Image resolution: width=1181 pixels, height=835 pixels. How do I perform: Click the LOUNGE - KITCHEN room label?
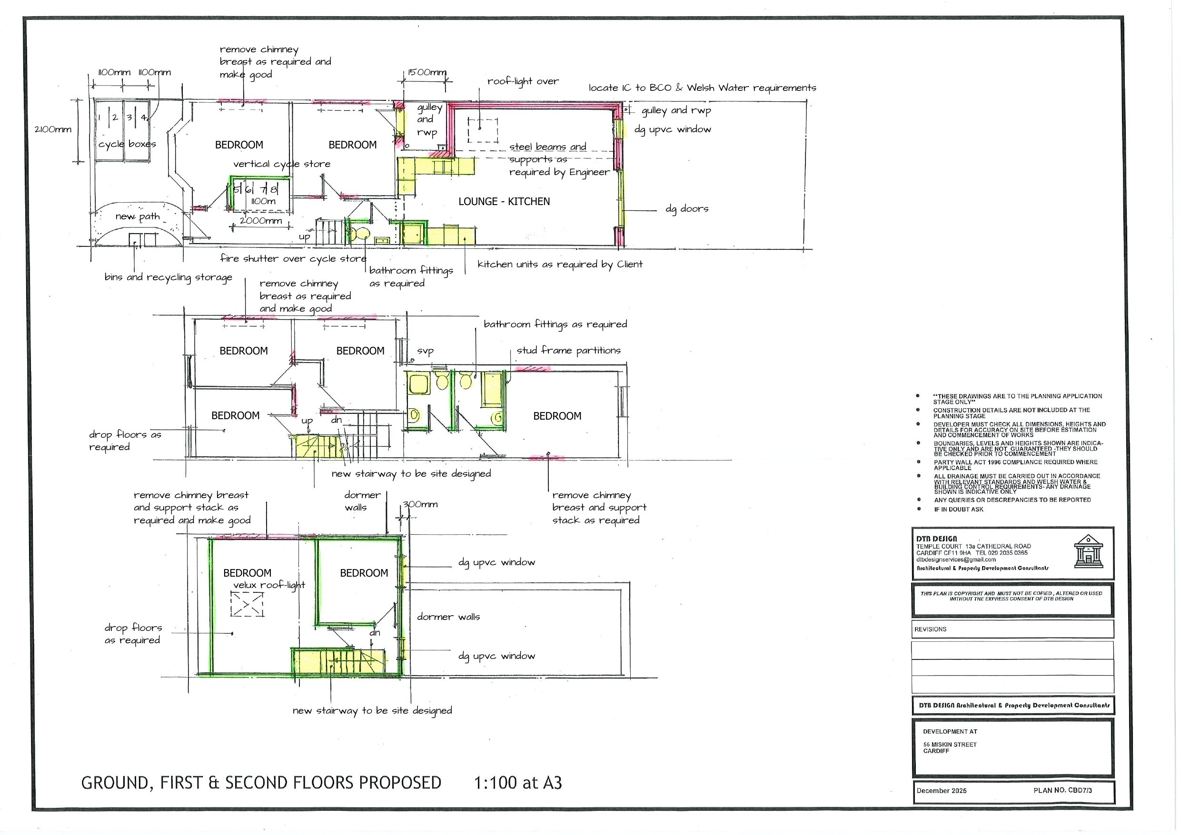pyautogui.click(x=504, y=202)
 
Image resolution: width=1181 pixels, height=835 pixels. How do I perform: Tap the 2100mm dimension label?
pyautogui.click(x=52, y=129)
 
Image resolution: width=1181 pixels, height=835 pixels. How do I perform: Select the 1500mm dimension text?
pyautogui.click(x=427, y=72)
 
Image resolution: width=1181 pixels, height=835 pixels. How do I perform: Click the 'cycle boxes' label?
pyautogui.click(x=127, y=144)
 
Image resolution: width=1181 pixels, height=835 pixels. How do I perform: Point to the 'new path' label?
pyautogui.click(x=138, y=216)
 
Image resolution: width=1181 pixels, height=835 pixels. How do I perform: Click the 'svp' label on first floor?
pyautogui.click(x=425, y=351)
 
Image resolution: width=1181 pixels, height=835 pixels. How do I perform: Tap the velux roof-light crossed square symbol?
pyautogui.click(x=247, y=604)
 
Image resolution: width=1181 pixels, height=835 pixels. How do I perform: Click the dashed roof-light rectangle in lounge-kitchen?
pyautogui.click(x=483, y=130)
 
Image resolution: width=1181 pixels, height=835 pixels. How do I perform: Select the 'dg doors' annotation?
pyautogui.click(x=687, y=209)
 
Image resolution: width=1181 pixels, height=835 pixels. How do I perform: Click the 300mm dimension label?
pyautogui.click(x=420, y=504)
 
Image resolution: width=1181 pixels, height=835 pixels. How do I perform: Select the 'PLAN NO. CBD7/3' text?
pyautogui.click(x=1062, y=790)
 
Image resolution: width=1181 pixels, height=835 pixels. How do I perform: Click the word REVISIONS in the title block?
pyautogui.click(x=930, y=629)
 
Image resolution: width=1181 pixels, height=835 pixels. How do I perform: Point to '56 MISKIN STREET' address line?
pyautogui.click(x=950, y=745)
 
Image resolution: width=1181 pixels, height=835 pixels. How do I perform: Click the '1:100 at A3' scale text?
pyautogui.click(x=517, y=783)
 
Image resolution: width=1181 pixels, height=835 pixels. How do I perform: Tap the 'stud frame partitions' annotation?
pyautogui.click(x=568, y=351)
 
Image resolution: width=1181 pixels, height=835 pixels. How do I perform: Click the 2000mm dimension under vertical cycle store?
pyautogui.click(x=261, y=221)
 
